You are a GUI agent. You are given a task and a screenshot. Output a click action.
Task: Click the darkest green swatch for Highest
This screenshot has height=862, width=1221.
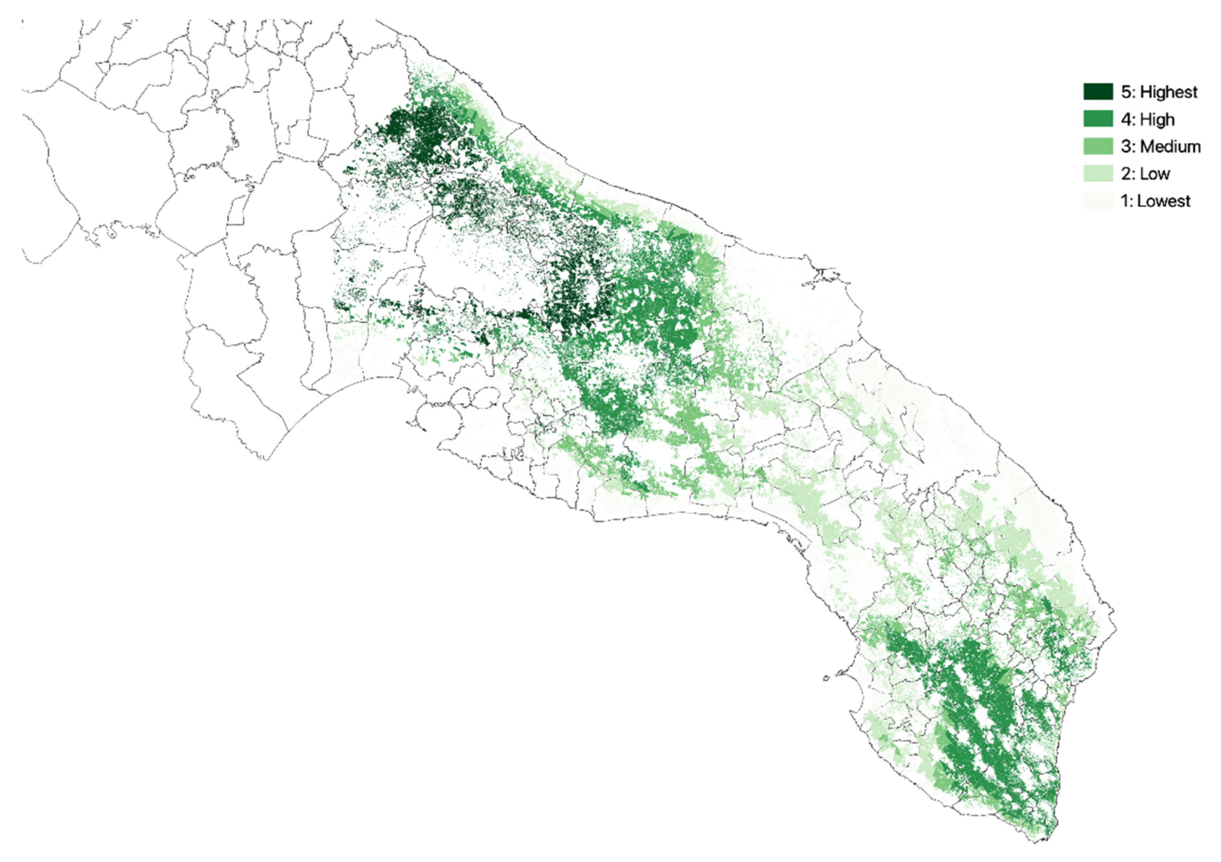1098,91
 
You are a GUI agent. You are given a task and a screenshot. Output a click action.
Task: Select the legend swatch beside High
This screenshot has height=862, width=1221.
1098,119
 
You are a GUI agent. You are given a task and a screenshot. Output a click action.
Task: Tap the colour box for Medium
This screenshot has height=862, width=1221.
1098,146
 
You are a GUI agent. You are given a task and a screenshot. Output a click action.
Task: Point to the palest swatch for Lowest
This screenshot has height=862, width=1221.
1098,201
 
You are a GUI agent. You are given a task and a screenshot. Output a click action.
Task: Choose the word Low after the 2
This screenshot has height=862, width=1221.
1154,174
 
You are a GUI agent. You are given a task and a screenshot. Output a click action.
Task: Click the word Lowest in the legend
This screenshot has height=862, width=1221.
1164,201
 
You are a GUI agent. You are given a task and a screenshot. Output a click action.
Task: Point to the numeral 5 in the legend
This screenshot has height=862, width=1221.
1126,92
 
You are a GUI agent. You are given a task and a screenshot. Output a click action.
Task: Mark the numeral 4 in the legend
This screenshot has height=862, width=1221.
1126,119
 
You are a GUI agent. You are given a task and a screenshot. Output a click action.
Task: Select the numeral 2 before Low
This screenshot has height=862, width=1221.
1126,174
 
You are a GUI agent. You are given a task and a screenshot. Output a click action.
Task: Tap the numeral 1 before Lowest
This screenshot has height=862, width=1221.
1125,201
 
